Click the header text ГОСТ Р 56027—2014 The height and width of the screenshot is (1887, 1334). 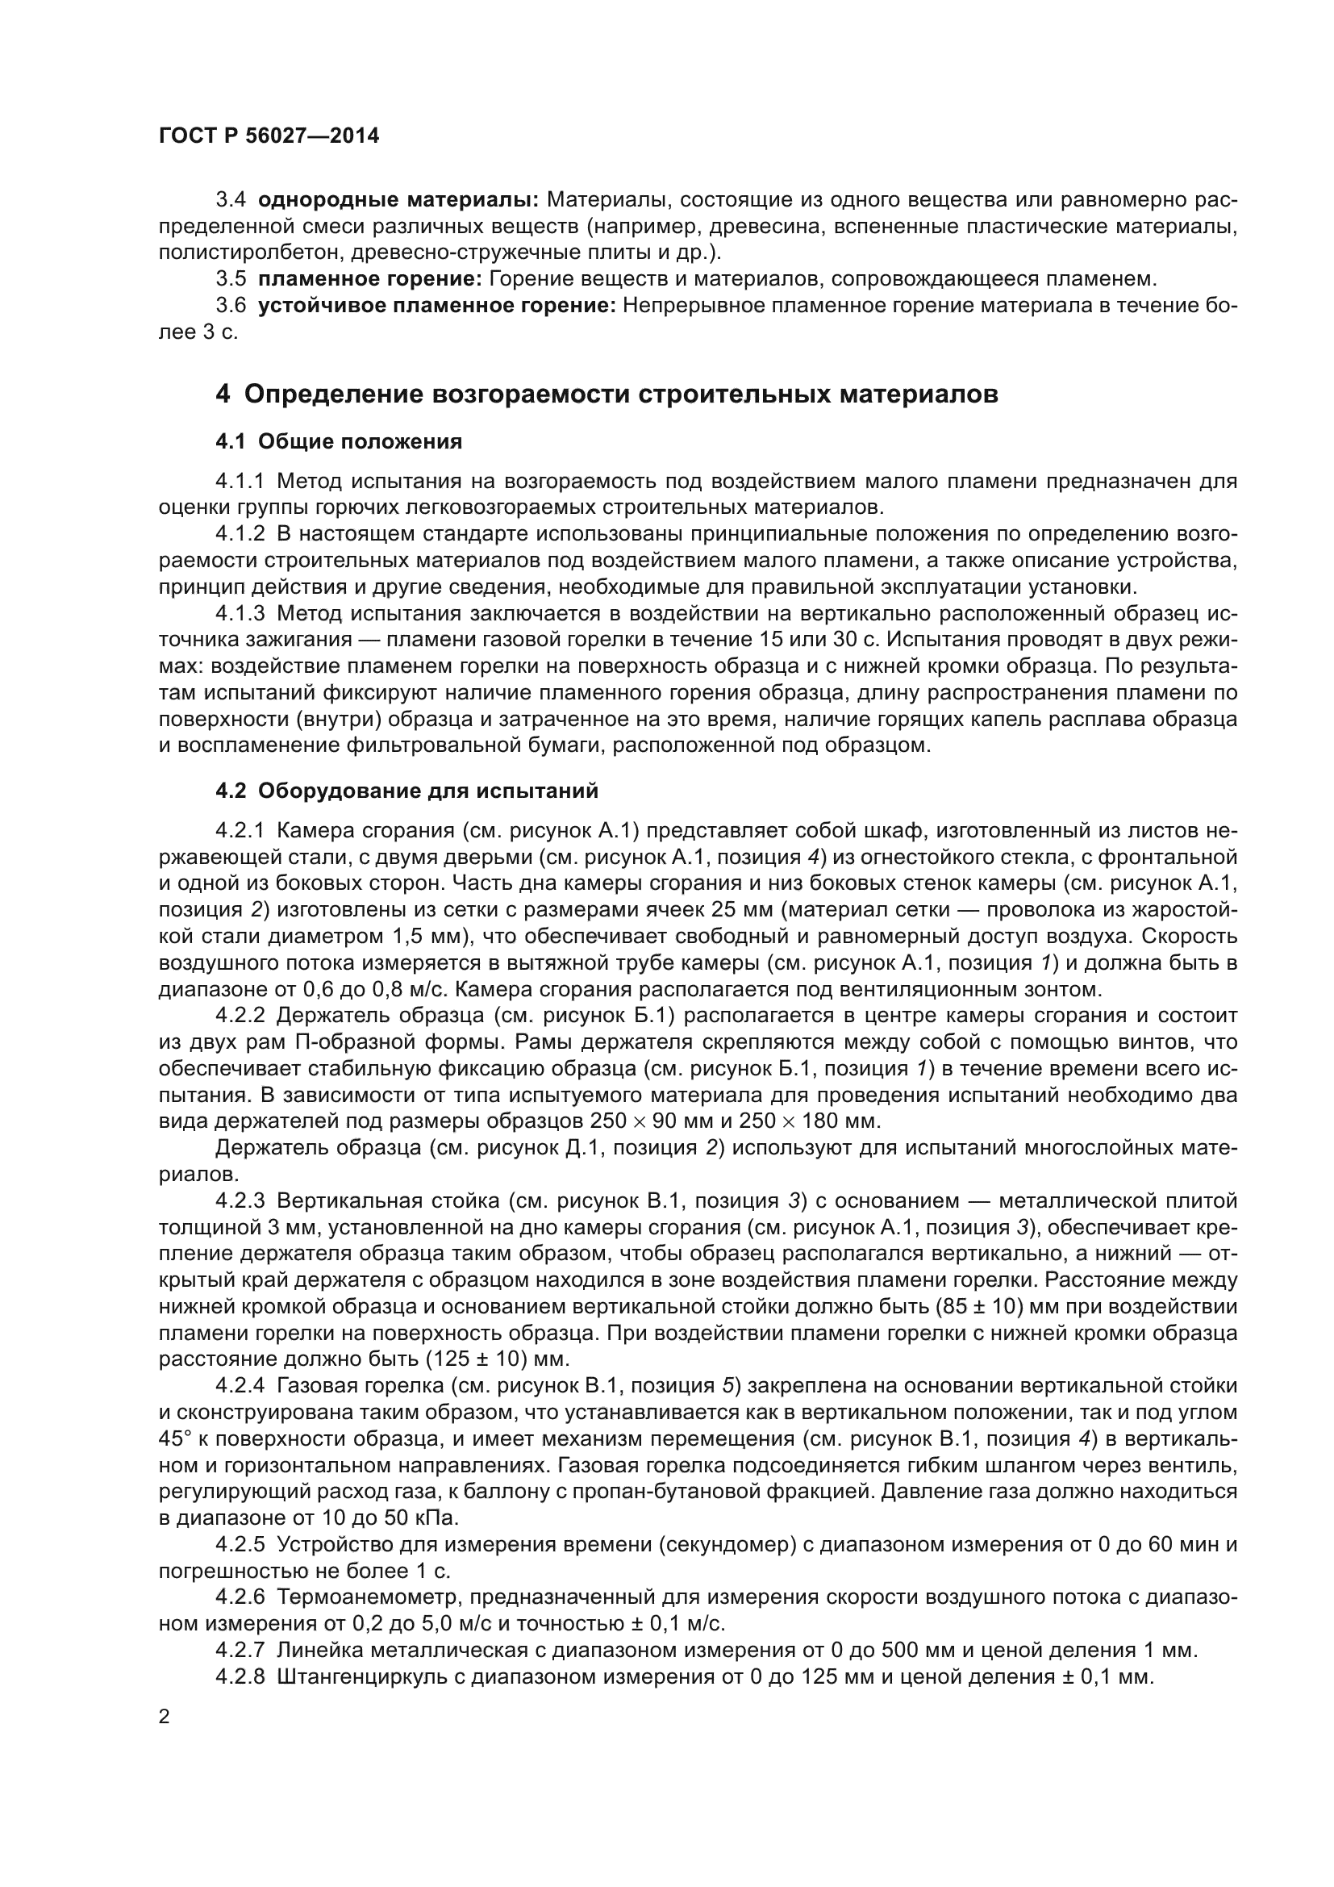(269, 136)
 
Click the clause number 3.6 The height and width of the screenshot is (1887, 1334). (231, 307)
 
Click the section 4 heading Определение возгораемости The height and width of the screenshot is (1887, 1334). (607, 395)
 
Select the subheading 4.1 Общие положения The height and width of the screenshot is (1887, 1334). (339, 442)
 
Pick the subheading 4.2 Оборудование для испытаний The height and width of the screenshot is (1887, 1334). (406, 791)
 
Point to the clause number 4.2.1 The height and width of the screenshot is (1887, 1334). (240, 831)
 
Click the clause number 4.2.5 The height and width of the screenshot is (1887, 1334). (240, 1545)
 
